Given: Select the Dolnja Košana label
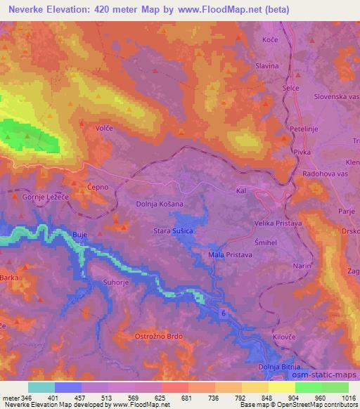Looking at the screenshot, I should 160,204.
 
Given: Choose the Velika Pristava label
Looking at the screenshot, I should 278,223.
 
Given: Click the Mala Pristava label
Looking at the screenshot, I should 231,254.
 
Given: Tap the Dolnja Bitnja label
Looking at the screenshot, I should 278,367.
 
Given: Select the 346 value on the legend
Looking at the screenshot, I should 22,398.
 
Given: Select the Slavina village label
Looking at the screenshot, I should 267,66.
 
